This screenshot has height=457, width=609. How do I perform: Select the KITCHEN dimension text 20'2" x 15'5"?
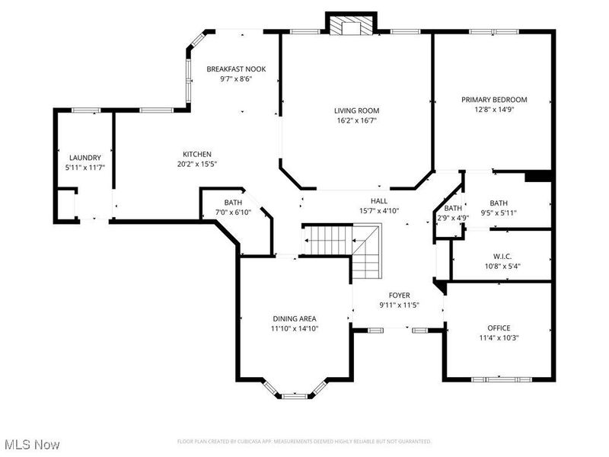point(196,164)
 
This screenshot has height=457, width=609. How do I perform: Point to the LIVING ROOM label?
point(356,110)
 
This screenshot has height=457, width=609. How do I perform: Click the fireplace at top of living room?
point(351,25)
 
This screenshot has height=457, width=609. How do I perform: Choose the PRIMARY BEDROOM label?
point(494,100)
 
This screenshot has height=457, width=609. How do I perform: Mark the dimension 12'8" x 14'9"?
point(494,110)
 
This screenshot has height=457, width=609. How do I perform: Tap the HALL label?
point(379,200)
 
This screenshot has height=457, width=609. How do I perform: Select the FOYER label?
point(400,295)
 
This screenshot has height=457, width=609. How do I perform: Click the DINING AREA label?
point(295,318)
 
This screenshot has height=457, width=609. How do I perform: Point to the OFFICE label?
point(499,328)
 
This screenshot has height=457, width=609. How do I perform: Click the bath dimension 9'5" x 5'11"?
point(499,213)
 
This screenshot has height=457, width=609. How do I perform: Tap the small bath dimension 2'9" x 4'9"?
point(453,218)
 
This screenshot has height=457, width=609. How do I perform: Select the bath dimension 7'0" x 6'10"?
point(233,213)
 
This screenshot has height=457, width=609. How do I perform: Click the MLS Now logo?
point(32,443)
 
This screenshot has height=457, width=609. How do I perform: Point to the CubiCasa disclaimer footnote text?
point(304,441)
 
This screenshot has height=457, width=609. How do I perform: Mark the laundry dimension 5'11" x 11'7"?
point(84,168)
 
